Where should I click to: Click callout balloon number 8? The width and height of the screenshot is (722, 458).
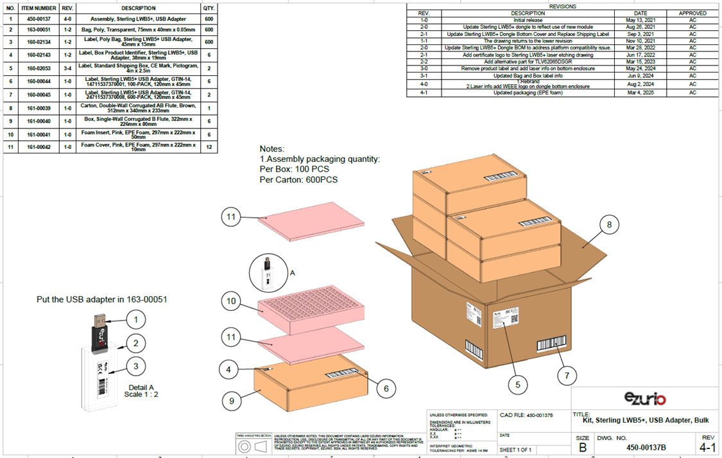(x=610, y=225)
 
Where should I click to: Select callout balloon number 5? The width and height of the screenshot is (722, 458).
(x=517, y=384)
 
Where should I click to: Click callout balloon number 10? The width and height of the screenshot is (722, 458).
(x=232, y=301)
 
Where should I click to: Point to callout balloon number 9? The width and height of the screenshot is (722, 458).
(x=232, y=401)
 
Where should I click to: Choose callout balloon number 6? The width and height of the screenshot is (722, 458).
(x=386, y=388)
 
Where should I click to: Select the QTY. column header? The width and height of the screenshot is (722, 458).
(x=209, y=8)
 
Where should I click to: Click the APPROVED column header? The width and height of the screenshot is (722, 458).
(x=692, y=13)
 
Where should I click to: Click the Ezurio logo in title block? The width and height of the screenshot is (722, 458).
(x=644, y=400)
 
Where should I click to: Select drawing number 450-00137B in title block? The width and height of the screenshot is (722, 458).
(x=646, y=447)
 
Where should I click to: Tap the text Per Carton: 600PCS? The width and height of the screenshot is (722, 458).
(x=298, y=180)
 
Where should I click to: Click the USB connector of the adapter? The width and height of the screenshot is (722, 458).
(x=99, y=319)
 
